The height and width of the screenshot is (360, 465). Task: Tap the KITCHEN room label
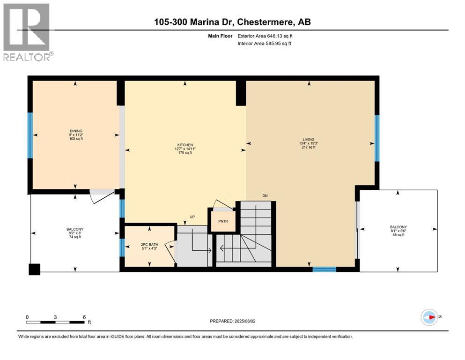tap(185, 149)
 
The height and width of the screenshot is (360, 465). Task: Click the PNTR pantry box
tap(223, 222)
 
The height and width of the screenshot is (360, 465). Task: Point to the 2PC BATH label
tap(149, 246)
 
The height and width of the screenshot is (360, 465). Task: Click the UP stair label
tap(192, 217)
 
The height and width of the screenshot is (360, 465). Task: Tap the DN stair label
tap(265, 195)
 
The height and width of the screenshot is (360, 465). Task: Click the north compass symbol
tap(429, 317)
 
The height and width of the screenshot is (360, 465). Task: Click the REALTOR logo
tap(27, 32)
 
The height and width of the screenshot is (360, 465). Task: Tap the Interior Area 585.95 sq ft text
tap(264, 44)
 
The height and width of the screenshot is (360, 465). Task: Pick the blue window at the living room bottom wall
tap(324, 269)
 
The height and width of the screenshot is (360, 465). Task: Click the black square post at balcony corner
tap(34, 269)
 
